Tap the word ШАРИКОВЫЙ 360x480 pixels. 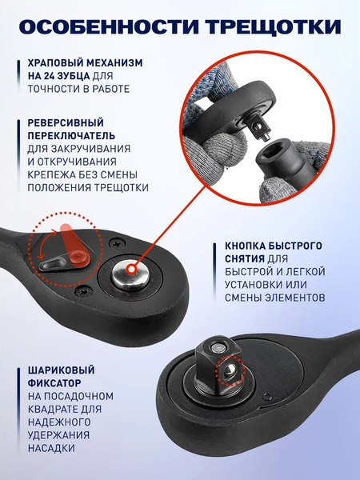(x=56, y=370)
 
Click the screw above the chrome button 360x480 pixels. (x=118, y=240)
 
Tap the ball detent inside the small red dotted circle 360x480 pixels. (x=230, y=370)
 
